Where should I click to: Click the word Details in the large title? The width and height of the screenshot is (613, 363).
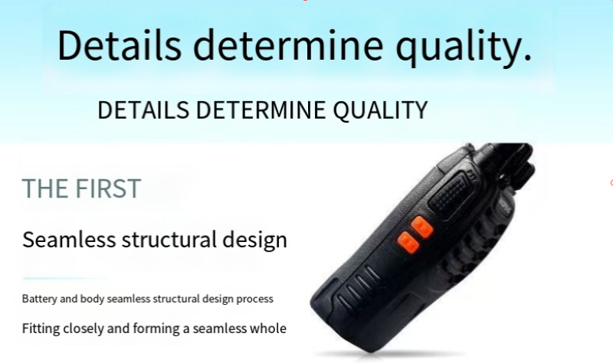(x=120, y=44)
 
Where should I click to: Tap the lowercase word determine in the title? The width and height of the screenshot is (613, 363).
(x=288, y=44)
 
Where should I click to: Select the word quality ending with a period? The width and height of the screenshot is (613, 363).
(x=464, y=47)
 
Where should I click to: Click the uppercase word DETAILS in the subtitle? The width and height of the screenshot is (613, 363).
(x=143, y=110)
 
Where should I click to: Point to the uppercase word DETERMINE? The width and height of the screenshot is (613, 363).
(x=261, y=110)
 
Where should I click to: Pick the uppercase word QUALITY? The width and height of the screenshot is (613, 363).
(x=380, y=110)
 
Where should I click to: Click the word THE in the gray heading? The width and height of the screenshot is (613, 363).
(x=45, y=188)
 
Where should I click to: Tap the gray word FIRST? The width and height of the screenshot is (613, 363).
(x=108, y=188)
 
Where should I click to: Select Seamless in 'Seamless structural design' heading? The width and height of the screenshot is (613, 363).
(x=69, y=239)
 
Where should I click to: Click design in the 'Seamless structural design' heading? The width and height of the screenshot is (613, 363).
(x=254, y=240)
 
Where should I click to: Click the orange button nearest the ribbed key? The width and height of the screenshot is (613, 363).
(x=422, y=227)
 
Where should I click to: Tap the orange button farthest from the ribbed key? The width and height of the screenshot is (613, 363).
(x=408, y=242)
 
